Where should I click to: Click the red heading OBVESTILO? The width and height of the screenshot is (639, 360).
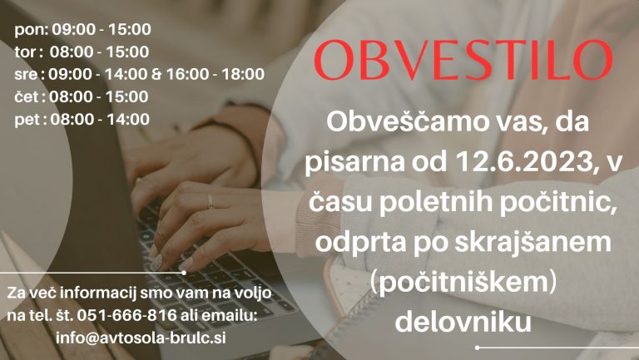click(463, 60)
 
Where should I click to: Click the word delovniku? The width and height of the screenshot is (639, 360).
click(463, 321)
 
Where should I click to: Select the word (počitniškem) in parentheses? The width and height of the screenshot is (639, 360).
click(463, 283)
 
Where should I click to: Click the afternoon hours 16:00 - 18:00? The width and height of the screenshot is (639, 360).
click(215, 74)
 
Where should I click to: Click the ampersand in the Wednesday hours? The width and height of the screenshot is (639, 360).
click(156, 75)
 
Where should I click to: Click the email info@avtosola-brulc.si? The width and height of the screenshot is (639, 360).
click(141, 338)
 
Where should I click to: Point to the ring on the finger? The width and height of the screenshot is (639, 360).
click(211, 201)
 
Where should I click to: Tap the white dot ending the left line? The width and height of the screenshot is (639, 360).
click(184, 273)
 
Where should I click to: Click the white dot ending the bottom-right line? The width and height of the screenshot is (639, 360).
click(478, 348)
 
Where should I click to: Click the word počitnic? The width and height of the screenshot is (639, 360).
click(558, 201)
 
